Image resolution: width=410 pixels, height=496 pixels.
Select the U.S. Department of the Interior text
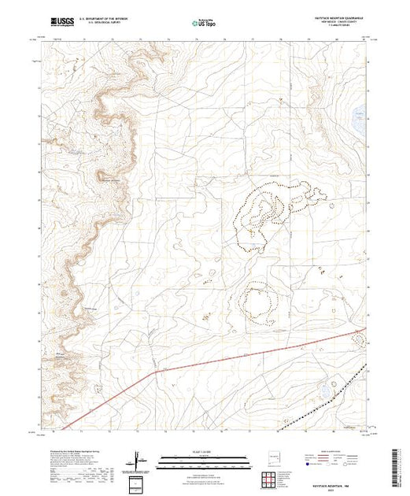pyautogui.click(x=111, y=19)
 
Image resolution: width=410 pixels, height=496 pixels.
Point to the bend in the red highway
pyautogui.click(x=157, y=370)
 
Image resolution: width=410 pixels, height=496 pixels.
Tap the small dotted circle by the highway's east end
pyautogui.click(x=359, y=341)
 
